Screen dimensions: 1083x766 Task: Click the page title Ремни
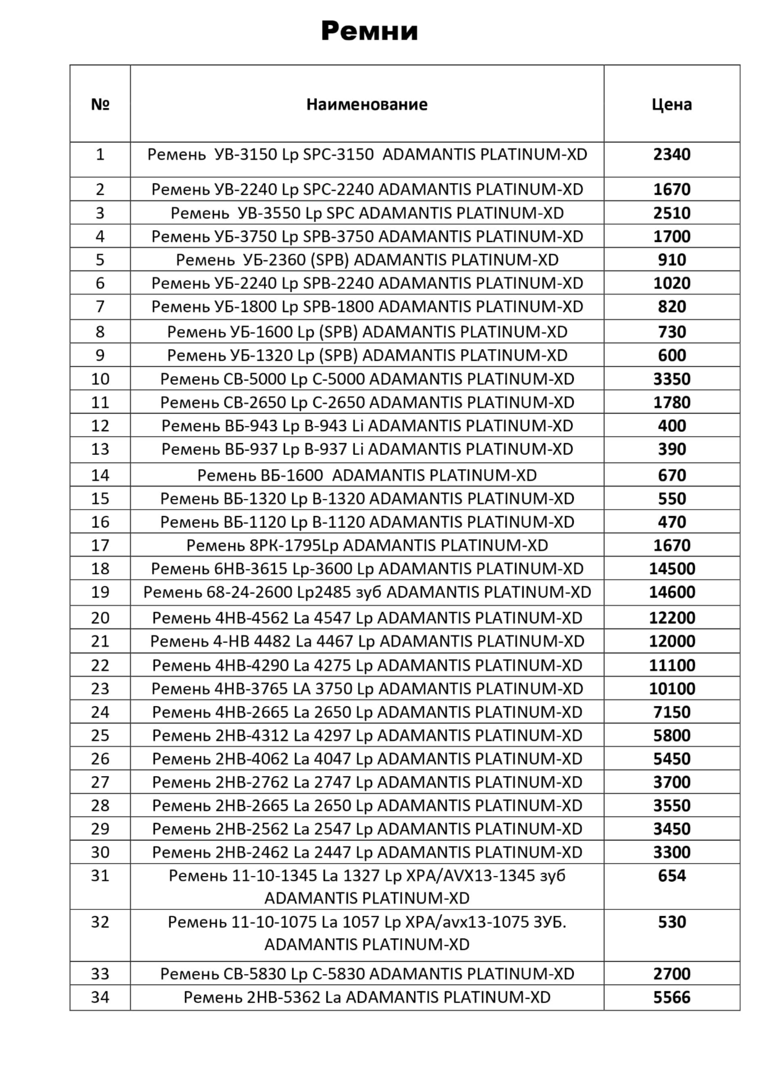[x=369, y=31]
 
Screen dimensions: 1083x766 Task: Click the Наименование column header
[x=367, y=104]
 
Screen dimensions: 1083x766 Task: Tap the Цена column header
[x=671, y=104]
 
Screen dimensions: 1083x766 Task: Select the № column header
[x=100, y=104]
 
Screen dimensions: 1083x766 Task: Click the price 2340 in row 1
[x=671, y=155]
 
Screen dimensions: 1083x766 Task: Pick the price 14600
[x=672, y=592]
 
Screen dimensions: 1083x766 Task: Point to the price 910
[x=672, y=260]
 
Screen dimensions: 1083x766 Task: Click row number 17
[x=100, y=546]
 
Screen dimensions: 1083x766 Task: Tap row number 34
[x=100, y=998]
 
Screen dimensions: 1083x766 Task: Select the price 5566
[x=672, y=998]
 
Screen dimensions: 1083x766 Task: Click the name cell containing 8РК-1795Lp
[x=367, y=546]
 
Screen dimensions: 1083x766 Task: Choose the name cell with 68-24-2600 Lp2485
[x=367, y=592]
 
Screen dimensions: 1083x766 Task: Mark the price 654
[x=672, y=876]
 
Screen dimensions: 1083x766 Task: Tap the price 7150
[x=672, y=712]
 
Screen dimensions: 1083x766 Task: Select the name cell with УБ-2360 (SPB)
[x=367, y=260]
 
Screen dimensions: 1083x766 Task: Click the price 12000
[x=672, y=642]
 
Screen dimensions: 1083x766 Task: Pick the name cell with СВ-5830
[x=367, y=974]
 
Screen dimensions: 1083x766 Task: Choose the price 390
[x=672, y=449]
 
